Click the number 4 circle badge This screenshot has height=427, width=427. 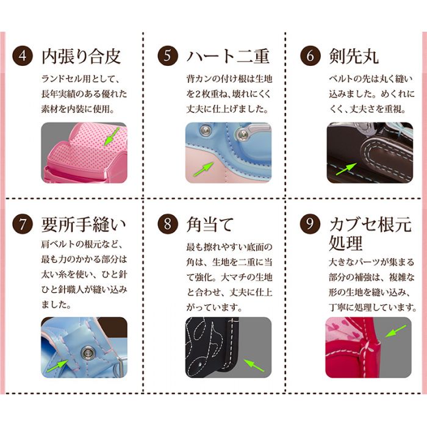pos(23,56)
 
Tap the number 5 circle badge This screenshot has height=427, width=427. pos(168,56)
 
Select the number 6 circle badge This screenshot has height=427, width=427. pos(310,56)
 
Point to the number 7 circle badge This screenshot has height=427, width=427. pos(23,224)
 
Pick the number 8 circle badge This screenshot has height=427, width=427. pos(168,224)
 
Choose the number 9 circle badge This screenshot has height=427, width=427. pos(310,224)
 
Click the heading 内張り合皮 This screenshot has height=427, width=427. pos(81,57)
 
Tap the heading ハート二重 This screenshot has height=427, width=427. pos(228,57)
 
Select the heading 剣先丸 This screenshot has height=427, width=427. pos(353,57)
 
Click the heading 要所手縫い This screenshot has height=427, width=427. pos(84,224)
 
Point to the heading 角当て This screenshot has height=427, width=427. pos(210,224)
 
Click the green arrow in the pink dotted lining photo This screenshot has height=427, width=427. pos(112,136)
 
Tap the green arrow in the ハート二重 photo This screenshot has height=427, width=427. pos(203,169)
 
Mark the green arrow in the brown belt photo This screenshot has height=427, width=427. pos(346,169)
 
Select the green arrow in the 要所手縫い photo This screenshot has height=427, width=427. pos(57,366)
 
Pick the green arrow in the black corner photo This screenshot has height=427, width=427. pos(254,365)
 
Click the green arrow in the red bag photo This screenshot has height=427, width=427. pos(396,331)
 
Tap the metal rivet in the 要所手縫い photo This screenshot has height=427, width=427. pos(87,353)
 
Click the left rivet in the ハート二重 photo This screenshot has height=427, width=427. pos(206,131)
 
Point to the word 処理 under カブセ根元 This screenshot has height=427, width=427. pos(345,243)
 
